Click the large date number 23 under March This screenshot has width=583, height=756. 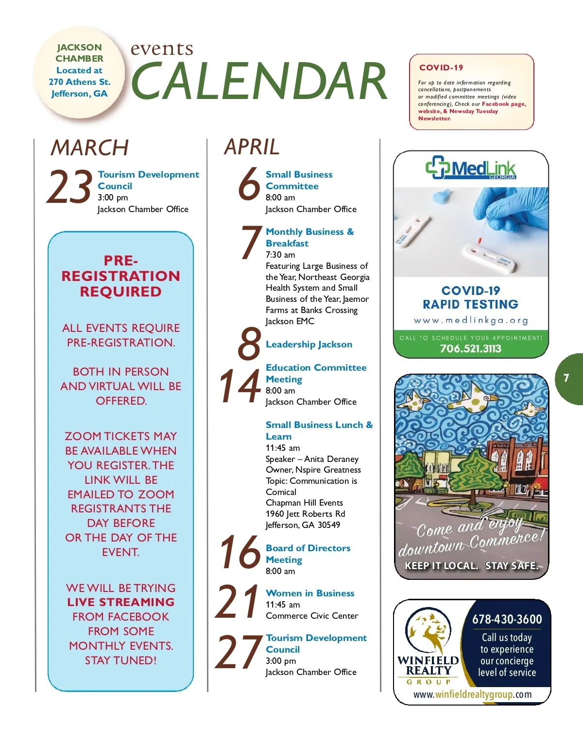tap(69, 187)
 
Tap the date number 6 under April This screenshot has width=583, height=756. tap(249, 183)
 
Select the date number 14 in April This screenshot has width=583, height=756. tap(240, 386)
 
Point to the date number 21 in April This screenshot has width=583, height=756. tap(238, 602)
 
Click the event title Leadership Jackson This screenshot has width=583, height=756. tap(309, 345)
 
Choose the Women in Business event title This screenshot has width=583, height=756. tap(310, 593)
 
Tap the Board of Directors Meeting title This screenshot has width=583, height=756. tap(308, 554)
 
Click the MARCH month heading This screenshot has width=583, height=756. tap(90, 148)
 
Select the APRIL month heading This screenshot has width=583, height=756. tap(252, 147)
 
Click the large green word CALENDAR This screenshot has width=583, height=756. tap(259, 81)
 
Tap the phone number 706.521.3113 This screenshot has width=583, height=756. tap(470, 348)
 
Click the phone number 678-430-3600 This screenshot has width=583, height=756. tap(507, 619)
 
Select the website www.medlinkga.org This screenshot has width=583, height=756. tap(470, 320)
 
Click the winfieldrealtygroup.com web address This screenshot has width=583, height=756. tap(472, 694)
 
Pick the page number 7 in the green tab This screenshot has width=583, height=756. tap(566, 378)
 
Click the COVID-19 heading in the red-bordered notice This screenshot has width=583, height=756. tap(441, 67)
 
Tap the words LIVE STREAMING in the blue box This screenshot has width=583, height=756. tap(120, 602)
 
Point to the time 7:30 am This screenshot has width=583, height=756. tap(280, 255)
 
